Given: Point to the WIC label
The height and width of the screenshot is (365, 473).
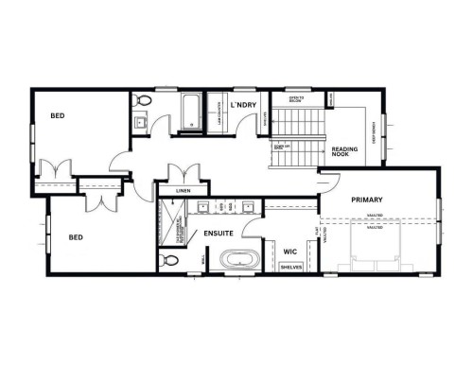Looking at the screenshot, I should point(290,252).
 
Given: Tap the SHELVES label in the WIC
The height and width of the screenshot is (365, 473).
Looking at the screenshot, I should point(292,268).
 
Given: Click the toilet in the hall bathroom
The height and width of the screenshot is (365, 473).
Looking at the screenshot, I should point(143,101).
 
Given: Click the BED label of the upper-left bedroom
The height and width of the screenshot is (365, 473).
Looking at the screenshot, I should point(58,116).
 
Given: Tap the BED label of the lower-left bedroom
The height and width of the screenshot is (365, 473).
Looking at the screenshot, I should point(78,239).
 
